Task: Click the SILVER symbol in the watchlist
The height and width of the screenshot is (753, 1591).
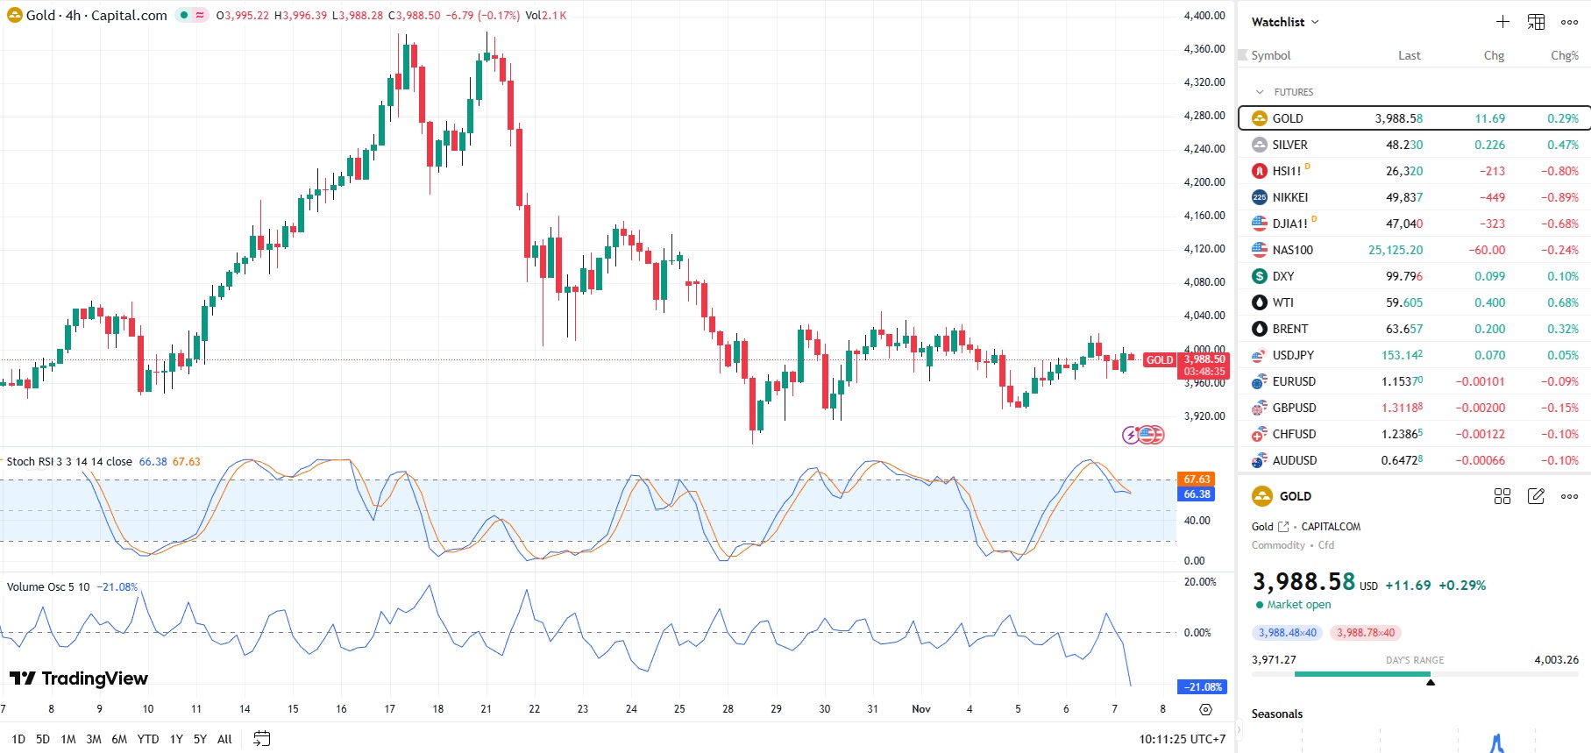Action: (x=1289, y=145)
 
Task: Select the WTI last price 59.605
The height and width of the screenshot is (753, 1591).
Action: (x=1403, y=302)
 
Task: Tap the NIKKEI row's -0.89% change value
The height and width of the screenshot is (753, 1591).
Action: (x=1559, y=197)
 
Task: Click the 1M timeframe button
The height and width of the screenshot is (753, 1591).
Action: (x=68, y=739)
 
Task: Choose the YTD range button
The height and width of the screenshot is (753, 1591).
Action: (x=148, y=739)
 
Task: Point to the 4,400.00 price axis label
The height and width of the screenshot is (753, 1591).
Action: (x=1204, y=16)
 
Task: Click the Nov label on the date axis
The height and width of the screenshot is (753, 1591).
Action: (x=921, y=709)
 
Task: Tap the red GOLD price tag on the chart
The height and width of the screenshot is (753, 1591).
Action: (x=1160, y=359)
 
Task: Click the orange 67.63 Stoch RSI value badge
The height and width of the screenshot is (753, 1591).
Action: (x=1197, y=480)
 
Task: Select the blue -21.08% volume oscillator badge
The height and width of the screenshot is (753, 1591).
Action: (x=1202, y=687)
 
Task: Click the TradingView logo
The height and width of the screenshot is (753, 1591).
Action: (x=79, y=678)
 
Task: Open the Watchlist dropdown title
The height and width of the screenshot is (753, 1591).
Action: (x=1284, y=22)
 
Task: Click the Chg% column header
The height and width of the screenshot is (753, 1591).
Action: (x=1564, y=55)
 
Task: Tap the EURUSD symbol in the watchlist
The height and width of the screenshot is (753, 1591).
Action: (x=1294, y=381)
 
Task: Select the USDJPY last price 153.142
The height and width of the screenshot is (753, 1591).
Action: (x=1402, y=355)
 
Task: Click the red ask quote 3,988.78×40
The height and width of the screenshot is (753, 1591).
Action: (x=1365, y=633)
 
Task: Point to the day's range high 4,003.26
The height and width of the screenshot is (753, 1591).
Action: (x=1556, y=660)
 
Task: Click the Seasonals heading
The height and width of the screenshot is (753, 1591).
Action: (x=1277, y=714)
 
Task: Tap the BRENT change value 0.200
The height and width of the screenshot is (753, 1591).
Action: (x=1489, y=329)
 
